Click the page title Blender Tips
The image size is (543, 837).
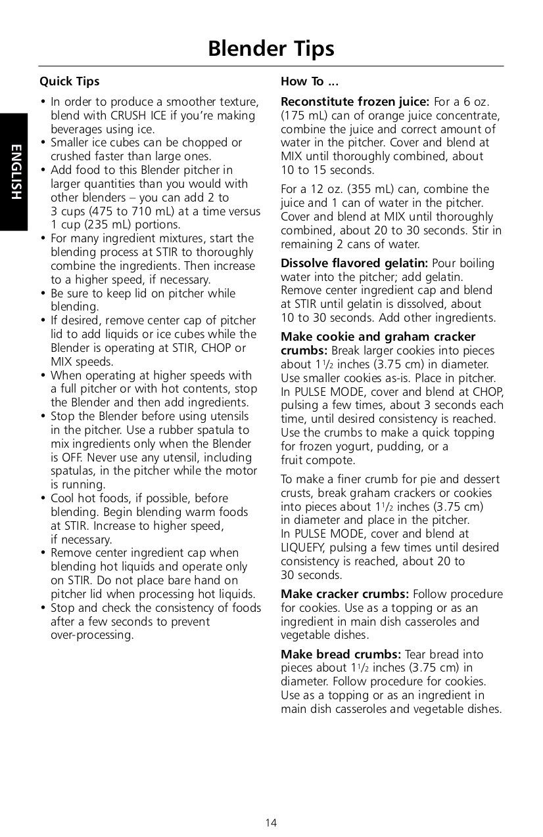(271, 49)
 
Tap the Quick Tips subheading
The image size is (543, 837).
(69, 81)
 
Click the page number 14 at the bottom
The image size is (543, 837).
(271, 823)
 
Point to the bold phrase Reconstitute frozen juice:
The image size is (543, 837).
(355, 102)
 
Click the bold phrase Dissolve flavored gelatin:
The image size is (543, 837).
(354, 263)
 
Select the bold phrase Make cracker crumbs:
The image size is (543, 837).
(344, 594)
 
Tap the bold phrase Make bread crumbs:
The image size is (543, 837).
(341, 655)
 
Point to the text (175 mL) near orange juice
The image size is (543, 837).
(302, 116)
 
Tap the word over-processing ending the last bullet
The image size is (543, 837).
(92, 635)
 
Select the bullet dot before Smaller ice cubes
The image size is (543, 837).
(43, 142)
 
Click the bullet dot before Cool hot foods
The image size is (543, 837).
(43, 498)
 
